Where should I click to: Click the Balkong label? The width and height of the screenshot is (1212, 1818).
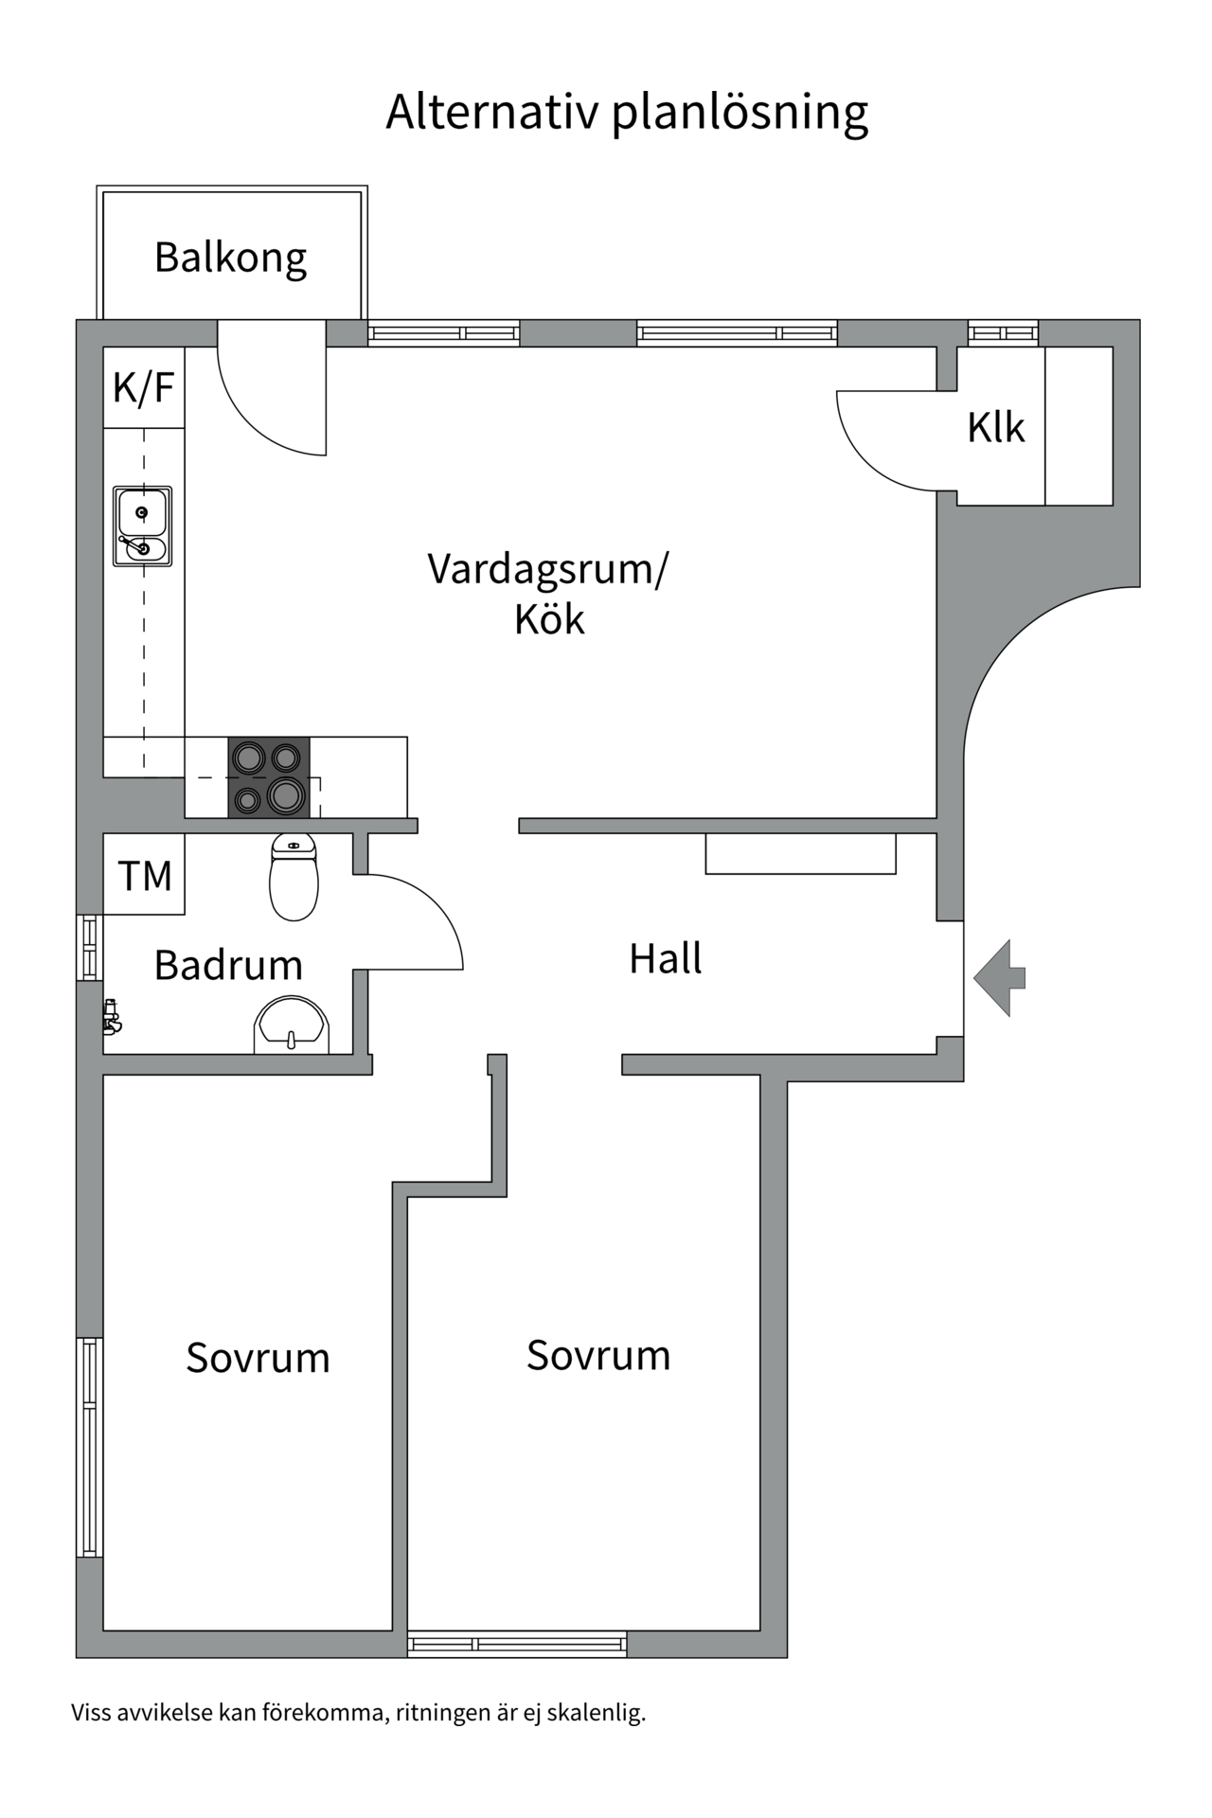231,258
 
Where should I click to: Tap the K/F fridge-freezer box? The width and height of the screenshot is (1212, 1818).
144,387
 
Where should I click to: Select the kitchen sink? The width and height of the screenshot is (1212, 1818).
142,526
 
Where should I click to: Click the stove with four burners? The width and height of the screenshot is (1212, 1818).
269,776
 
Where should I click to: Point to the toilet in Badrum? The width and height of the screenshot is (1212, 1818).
294,877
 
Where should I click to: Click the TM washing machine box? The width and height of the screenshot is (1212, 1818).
144,874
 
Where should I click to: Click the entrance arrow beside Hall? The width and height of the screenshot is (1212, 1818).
999,978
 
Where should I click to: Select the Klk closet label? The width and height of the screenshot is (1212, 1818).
996,428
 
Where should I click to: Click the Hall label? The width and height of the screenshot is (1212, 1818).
666,959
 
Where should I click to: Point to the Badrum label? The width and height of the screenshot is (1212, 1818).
228,966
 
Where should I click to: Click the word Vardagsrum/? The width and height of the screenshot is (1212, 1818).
547,569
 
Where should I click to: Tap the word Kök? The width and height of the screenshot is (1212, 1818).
549,619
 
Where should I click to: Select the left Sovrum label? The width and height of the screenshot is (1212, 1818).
258,1358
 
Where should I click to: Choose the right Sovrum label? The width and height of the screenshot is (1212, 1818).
598,1356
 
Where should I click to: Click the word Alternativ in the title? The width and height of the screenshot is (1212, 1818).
492,112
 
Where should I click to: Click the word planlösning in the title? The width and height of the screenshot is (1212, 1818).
740,114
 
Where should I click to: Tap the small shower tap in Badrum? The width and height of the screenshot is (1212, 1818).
112,1015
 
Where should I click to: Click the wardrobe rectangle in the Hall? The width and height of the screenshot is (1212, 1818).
801,853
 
